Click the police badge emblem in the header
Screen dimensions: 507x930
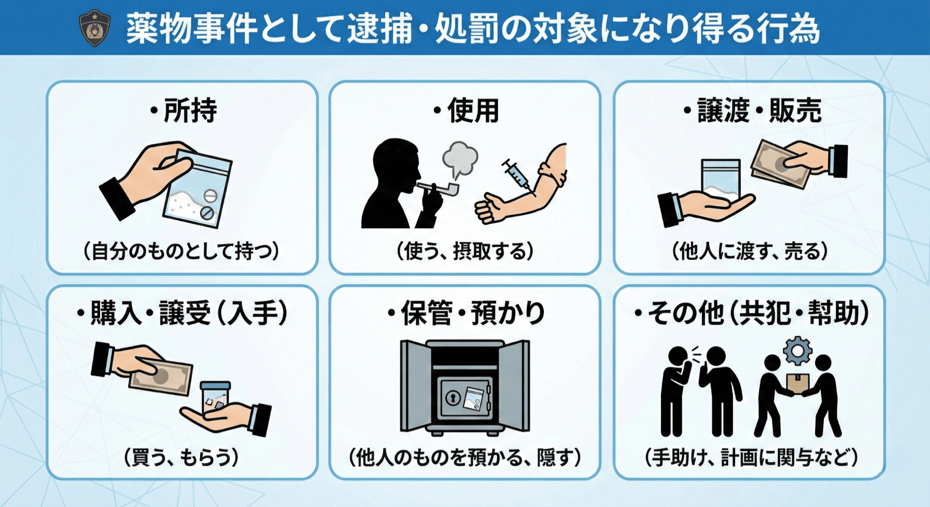94,28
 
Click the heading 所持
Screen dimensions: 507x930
184,111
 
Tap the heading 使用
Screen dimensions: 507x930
467,111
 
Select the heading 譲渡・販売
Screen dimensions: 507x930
752,111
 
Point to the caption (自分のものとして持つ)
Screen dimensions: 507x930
181,251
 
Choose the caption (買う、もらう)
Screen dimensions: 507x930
181,457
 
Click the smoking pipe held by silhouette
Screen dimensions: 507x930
440,188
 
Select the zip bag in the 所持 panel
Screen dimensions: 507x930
198,191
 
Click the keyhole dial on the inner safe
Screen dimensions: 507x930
453,397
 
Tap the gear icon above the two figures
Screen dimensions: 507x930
797,350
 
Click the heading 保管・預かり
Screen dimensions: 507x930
467,313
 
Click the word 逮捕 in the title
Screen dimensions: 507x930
379,28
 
